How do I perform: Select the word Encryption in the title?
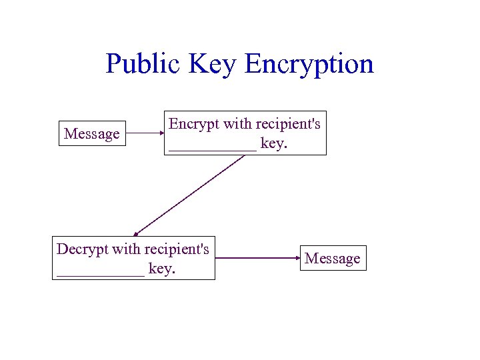point(309,65)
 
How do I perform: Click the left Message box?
point(92,134)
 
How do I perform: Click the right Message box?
point(333,258)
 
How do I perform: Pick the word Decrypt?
point(81,249)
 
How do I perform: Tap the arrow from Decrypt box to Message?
point(257,257)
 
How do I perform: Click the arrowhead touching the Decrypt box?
point(135,233)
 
